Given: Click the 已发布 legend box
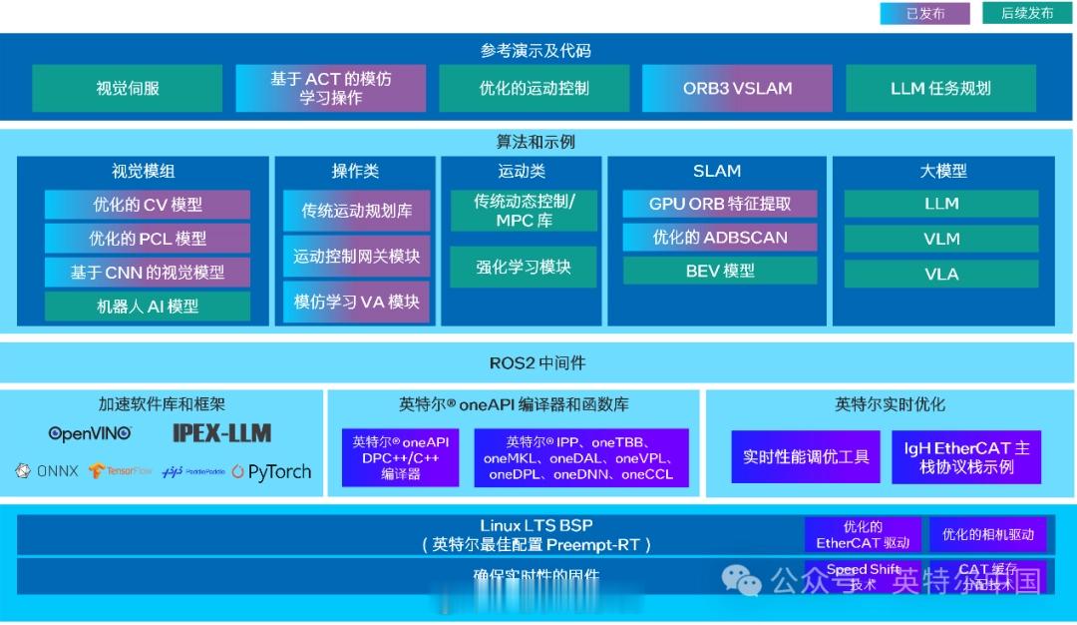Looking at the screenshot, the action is tap(924, 13).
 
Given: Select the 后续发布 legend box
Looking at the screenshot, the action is tap(1026, 13).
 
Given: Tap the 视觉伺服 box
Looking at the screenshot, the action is tap(128, 88).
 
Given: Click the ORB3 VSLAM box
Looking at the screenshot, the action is tap(737, 88).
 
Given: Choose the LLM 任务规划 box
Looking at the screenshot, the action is tap(940, 88).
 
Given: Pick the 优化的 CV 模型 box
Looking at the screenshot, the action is tap(148, 205).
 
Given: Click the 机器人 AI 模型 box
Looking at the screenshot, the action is tap(148, 307).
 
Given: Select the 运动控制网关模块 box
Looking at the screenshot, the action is tap(356, 257).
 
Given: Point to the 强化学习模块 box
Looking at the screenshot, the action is tap(524, 267).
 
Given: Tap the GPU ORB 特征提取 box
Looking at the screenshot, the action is tap(719, 204).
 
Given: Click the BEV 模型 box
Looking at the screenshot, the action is tap(719, 271).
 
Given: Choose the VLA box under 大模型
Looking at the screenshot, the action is tap(940, 274).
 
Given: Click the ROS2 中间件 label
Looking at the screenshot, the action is tap(538, 363).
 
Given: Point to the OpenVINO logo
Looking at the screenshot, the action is tap(90, 433).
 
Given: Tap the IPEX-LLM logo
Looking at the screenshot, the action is tap(221, 433).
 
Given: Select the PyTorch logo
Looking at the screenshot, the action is tap(271, 471).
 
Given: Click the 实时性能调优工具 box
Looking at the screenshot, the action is tap(806, 457).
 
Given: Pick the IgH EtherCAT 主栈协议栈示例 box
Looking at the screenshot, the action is tap(966, 457).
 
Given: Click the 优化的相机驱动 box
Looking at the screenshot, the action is tap(987, 534).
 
